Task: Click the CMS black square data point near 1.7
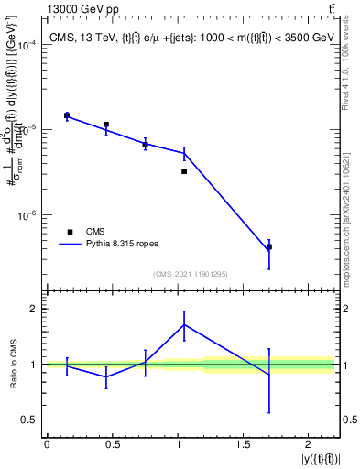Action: (x=268, y=247)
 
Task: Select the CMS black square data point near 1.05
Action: (x=184, y=171)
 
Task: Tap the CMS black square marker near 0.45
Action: (x=106, y=125)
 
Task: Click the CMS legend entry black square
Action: (x=70, y=232)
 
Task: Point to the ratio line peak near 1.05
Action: (x=184, y=324)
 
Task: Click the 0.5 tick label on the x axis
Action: (x=112, y=444)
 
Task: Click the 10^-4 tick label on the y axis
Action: (x=25, y=45)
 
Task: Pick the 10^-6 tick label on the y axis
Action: (x=25, y=215)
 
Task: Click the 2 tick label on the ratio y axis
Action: (x=35, y=309)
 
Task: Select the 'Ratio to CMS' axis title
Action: (x=12, y=364)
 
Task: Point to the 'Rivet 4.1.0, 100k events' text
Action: (x=351, y=70)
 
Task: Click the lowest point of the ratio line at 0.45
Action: (x=106, y=376)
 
